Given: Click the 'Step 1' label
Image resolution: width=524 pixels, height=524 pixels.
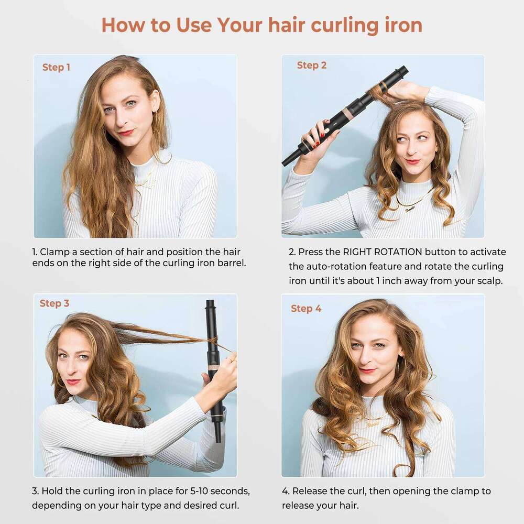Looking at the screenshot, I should click(x=56, y=67).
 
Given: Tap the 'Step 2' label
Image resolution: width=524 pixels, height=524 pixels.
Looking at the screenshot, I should click(x=311, y=65).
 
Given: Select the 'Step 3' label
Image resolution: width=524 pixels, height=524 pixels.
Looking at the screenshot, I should click(x=54, y=303).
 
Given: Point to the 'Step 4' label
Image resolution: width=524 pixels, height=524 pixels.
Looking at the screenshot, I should click(x=306, y=308).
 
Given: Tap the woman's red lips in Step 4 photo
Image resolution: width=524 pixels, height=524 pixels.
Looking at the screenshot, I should click(x=368, y=369).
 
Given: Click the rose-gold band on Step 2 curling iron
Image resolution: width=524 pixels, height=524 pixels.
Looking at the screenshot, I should click(x=348, y=113).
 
